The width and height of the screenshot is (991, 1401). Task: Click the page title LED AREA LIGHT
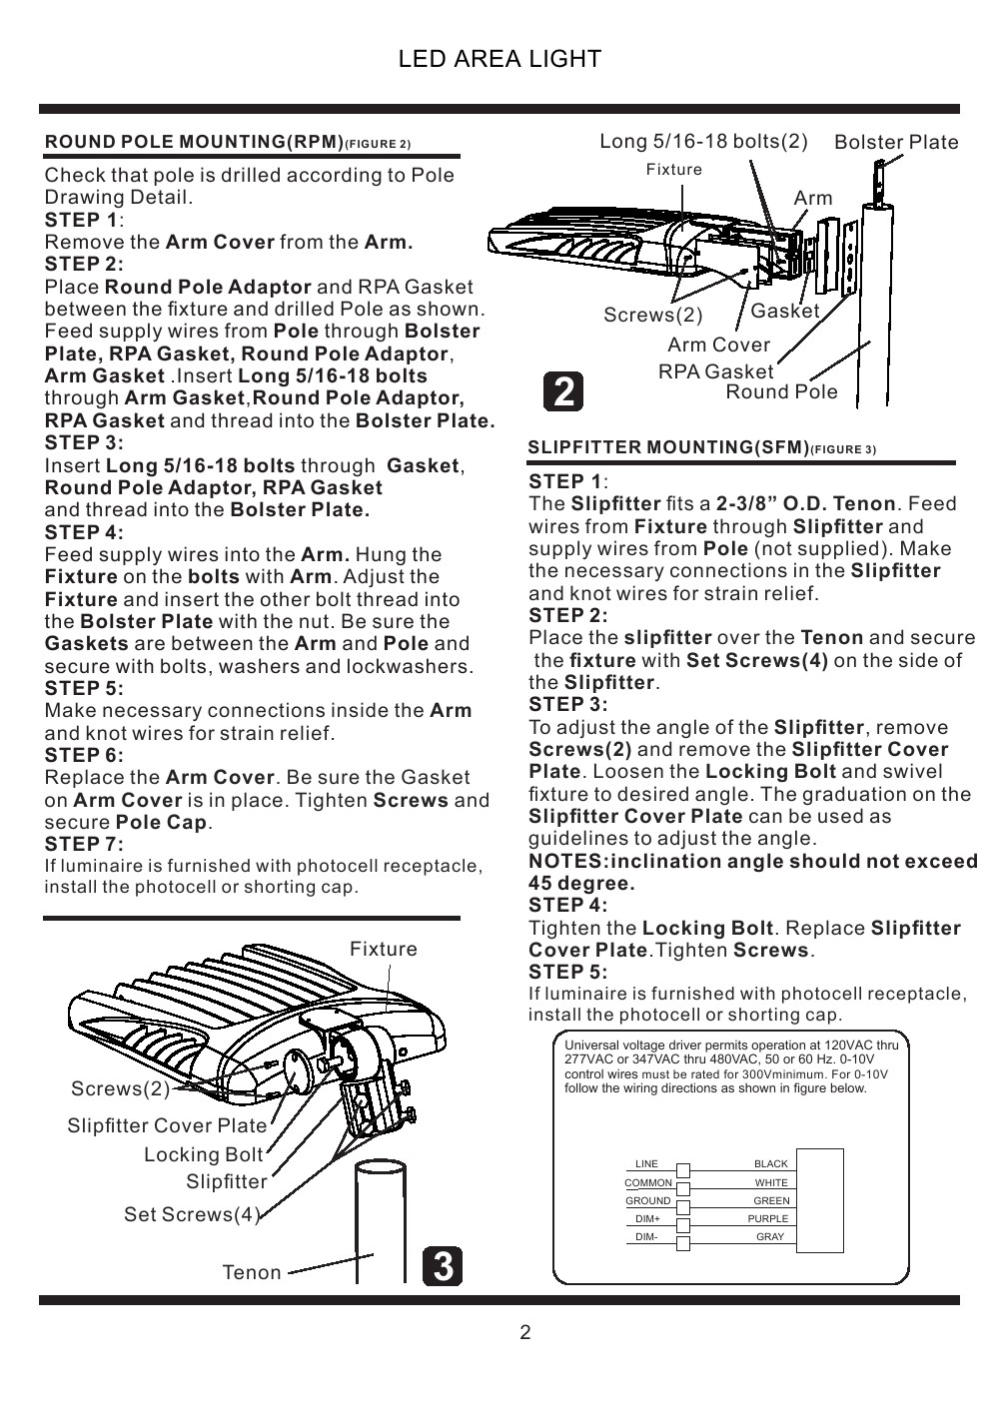pos(499,59)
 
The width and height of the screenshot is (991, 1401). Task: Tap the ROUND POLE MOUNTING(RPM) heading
pos(195,142)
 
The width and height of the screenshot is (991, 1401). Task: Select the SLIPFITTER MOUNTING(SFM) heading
pos(668,447)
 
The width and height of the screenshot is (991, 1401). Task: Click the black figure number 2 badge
pos(563,391)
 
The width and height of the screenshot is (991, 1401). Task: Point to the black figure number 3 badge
pos(443,1266)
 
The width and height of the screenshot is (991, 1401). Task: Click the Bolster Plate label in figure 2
pos(896,142)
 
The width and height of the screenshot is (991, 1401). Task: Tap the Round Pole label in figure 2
pos(781,392)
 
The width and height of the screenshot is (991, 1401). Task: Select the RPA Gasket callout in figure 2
pos(715,371)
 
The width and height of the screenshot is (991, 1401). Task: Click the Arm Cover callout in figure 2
pos(719,345)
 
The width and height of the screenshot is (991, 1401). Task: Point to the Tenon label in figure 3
pos(252,1272)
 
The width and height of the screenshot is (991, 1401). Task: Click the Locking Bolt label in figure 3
pos(204,1154)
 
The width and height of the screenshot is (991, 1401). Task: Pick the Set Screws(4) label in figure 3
pos(192,1214)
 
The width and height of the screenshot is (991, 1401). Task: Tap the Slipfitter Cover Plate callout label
pos(167,1125)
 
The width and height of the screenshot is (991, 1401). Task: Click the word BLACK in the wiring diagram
pos(771,1164)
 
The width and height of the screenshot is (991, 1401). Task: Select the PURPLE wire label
pos(767,1218)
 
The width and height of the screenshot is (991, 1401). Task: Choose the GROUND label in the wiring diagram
pos(647,1201)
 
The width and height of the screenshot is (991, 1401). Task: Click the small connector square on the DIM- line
pos(683,1243)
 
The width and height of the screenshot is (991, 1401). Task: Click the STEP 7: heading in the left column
pos(84,845)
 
